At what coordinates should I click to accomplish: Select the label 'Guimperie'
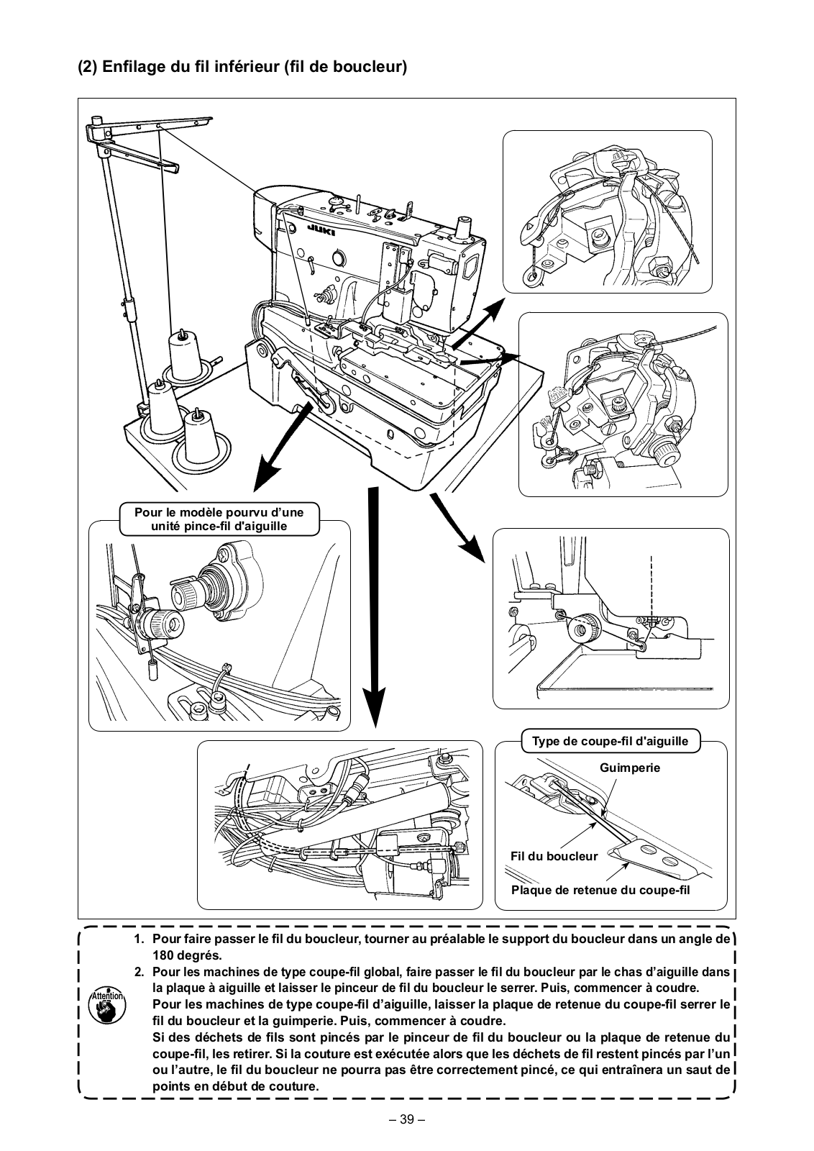pyautogui.click(x=629, y=768)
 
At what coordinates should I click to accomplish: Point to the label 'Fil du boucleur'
pyautogui.click(x=554, y=856)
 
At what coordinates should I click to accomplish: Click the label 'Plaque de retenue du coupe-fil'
pyautogui.click(x=600, y=890)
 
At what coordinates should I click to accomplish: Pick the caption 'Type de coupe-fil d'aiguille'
pyautogui.click(x=610, y=741)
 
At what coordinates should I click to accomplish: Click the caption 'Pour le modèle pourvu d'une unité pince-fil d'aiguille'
pyautogui.click(x=219, y=519)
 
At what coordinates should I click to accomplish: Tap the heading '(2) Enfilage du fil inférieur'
pyautogui.click(x=242, y=67)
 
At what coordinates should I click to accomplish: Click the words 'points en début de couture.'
pyautogui.click(x=235, y=1086)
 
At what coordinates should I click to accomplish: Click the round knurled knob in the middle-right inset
pyautogui.click(x=667, y=452)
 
